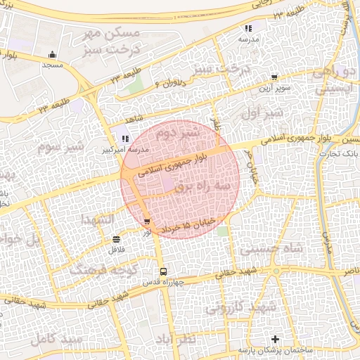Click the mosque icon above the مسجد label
pyautogui.click(x=52, y=55)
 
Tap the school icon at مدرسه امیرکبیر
pyautogui.click(x=126, y=139)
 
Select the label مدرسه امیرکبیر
pyautogui.click(x=106, y=150)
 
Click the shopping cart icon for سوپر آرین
pyautogui.click(x=274, y=78)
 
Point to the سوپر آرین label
pyautogui.click(x=274, y=89)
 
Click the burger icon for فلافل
pyautogui.click(x=115, y=240)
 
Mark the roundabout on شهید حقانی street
pyautogui.click(x=276, y=270)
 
